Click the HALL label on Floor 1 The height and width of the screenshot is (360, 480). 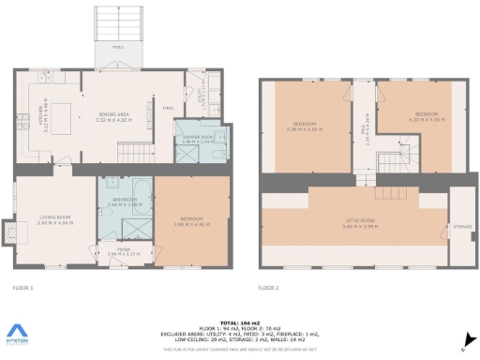point(168,108)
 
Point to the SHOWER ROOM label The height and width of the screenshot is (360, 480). point(196,141)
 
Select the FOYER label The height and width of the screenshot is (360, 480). point(122,250)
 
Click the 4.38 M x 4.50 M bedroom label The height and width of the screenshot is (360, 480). point(305,126)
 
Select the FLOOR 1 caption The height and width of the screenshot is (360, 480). point(23,289)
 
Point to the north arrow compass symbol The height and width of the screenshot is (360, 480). point(464,343)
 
